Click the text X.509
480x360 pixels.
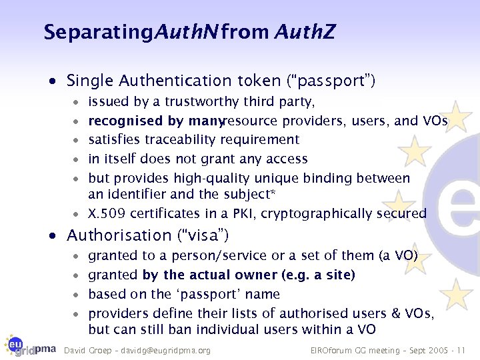[x=107, y=214]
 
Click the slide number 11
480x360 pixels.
[x=461, y=351]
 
